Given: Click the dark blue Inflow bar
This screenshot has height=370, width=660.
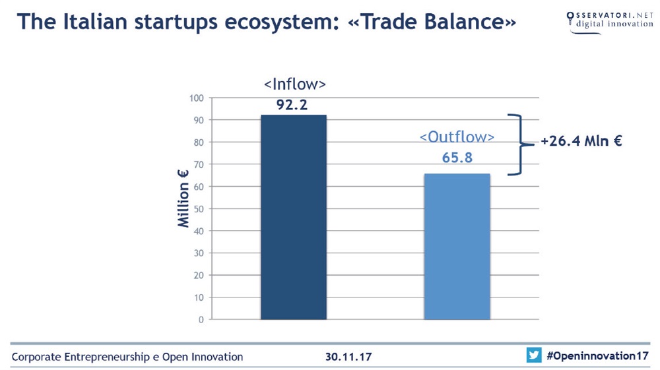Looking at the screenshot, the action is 294,217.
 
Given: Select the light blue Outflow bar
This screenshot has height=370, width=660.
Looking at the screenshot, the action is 457,247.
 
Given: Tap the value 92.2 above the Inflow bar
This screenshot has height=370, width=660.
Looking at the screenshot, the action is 292,105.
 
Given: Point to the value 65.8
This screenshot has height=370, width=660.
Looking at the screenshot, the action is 457,158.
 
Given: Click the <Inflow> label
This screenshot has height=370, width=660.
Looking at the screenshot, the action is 294,84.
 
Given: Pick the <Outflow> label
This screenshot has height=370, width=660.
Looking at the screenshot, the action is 457,137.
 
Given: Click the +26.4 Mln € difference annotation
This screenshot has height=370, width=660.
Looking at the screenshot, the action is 581,141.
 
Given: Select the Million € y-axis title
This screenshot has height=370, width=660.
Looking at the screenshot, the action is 183,199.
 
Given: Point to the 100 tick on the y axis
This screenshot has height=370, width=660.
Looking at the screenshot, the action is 197,98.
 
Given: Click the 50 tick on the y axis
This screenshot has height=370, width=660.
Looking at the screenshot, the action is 199,209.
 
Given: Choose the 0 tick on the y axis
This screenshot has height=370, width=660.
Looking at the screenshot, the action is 201,319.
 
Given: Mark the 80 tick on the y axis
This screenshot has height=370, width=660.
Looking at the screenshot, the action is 199,142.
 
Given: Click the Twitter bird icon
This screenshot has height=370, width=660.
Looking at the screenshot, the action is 534,355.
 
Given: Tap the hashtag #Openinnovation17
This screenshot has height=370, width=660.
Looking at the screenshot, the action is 597,356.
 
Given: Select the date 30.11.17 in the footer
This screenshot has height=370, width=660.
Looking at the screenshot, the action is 348,357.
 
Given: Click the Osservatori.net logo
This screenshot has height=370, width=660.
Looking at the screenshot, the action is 610,22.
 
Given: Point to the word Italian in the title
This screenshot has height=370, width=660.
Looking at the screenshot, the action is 95,22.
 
